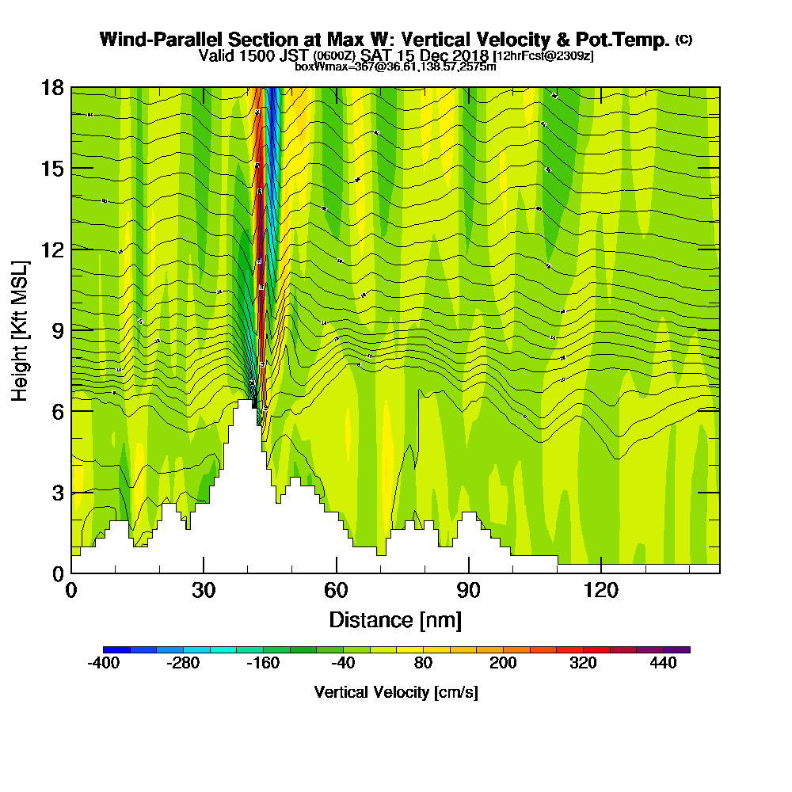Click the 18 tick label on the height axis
(x=53, y=88)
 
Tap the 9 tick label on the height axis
(x=58, y=330)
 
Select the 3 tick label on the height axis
(x=58, y=493)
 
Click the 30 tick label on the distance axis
(x=204, y=592)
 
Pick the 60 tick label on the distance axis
(x=337, y=592)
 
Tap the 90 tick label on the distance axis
(x=469, y=592)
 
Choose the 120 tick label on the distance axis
(x=601, y=592)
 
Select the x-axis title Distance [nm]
(x=395, y=619)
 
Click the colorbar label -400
(x=104, y=664)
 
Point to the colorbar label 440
(x=664, y=664)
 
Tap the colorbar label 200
(x=503, y=664)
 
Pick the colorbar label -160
(x=264, y=664)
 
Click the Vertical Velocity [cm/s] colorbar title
(x=395, y=692)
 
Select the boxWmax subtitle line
(x=395, y=67)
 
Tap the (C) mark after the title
(x=683, y=39)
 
